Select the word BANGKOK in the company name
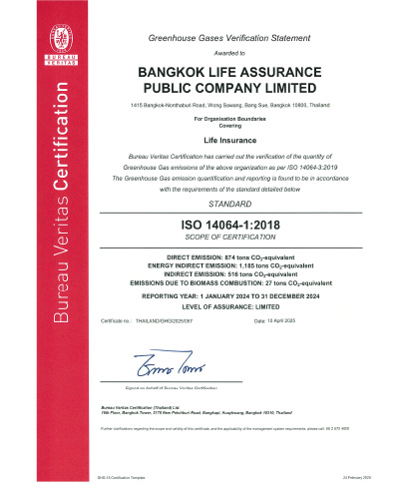pyautogui.click(x=177, y=72)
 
